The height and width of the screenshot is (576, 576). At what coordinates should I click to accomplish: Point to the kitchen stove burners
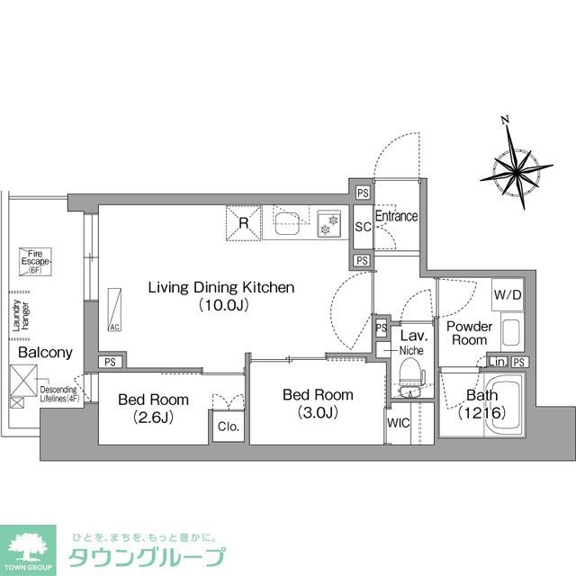[x=328, y=225]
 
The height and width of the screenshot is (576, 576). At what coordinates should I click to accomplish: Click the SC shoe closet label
[x=362, y=227]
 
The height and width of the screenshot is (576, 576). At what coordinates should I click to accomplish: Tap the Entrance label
[x=396, y=217]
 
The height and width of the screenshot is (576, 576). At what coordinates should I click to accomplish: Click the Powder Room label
[x=470, y=333]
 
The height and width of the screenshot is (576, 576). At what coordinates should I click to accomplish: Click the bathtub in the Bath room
[x=508, y=410]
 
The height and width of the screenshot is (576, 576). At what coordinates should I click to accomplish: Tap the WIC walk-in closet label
[x=399, y=422]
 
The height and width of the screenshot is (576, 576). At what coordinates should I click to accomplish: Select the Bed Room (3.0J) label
[x=317, y=403]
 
